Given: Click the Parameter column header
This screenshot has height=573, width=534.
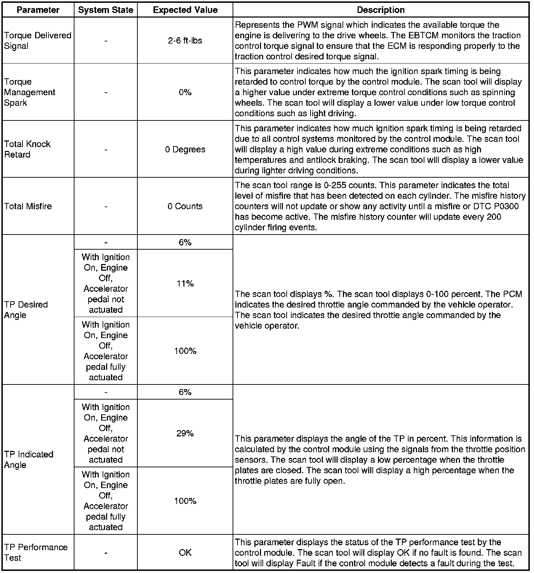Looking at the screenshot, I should click(38, 10).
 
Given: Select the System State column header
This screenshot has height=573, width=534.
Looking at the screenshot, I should click(105, 10).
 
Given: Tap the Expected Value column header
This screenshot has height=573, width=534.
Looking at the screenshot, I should click(185, 10).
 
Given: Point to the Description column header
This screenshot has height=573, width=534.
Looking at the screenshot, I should click(380, 10).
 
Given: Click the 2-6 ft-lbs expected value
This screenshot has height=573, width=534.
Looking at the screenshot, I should click(185, 41).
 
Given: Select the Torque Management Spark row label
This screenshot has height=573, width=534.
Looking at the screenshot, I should click(30, 92).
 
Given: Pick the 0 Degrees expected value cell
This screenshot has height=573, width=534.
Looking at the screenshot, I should click(185, 150).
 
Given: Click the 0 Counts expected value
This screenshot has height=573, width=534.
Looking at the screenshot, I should click(185, 206).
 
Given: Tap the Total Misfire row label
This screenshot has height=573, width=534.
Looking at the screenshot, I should click(28, 206).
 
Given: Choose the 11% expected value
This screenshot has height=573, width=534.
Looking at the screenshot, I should click(185, 284).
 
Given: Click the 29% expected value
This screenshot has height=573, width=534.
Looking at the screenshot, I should click(185, 434).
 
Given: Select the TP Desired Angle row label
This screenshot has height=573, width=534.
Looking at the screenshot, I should click(26, 310).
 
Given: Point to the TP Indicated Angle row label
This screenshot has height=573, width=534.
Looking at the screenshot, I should click(29, 460).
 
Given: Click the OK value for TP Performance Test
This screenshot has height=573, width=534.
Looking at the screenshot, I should click(185, 553).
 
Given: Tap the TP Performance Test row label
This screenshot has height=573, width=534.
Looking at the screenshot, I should click(36, 553).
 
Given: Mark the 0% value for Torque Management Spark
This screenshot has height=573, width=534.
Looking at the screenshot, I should click(185, 92).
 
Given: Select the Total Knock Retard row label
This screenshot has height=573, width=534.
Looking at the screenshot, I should click(27, 149).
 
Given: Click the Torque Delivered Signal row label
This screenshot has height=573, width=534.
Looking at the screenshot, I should click(38, 41).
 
